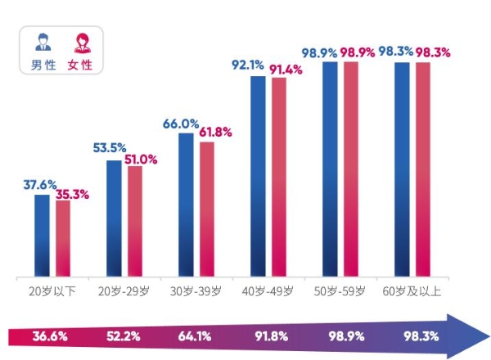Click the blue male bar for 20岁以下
(x=42, y=236)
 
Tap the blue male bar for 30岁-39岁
(x=186, y=205)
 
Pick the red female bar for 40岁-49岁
(x=279, y=177)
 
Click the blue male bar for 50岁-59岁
(x=330, y=169)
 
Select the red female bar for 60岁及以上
(x=423, y=169)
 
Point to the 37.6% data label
(x=38, y=184)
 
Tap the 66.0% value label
(x=181, y=124)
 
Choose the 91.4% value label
(x=286, y=70)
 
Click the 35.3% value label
(x=72, y=195)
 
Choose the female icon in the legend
(x=82, y=43)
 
